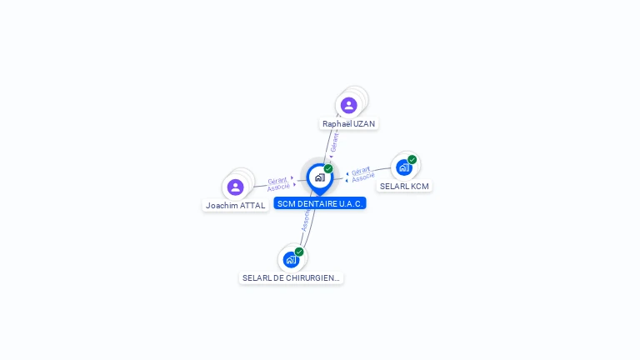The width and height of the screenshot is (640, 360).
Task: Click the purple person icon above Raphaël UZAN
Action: (348, 105)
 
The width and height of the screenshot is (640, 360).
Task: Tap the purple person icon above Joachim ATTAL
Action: (236, 187)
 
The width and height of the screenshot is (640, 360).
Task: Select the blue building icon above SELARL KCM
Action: (404, 167)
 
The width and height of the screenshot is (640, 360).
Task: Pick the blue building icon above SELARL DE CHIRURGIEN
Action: (291, 259)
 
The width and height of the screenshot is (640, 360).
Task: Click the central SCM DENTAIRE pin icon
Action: (319, 177)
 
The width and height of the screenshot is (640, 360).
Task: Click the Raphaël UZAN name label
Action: (349, 123)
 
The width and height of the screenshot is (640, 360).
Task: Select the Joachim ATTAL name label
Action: (236, 205)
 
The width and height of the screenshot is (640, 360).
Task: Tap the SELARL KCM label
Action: (404, 186)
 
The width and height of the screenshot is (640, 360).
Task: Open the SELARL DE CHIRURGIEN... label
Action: (291, 277)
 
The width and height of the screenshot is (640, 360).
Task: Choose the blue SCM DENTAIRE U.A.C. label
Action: (320, 203)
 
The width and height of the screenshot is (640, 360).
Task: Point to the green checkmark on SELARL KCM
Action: (412, 159)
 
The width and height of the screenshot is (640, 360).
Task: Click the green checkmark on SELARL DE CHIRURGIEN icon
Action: (299, 252)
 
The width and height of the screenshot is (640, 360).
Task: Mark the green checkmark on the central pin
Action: (328, 168)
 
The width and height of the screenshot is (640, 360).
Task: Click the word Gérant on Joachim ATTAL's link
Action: (277, 180)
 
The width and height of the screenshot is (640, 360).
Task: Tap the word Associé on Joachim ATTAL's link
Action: (278, 187)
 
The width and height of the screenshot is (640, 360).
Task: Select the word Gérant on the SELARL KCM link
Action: (361, 171)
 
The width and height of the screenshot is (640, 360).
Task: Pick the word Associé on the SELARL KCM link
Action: (362, 177)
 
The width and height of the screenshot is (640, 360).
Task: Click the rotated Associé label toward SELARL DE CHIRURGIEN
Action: (306, 219)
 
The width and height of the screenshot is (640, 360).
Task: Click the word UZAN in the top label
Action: (364, 123)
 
